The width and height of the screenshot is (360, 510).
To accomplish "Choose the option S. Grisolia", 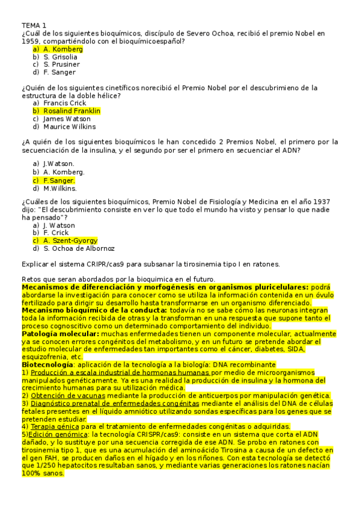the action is (60, 57).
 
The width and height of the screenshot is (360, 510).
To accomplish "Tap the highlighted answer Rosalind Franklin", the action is (72, 111).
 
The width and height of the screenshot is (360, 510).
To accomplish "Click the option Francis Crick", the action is (65, 103).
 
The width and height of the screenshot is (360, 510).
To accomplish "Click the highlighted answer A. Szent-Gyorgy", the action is (70, 241).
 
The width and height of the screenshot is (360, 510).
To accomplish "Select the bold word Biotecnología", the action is (47, 364).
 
